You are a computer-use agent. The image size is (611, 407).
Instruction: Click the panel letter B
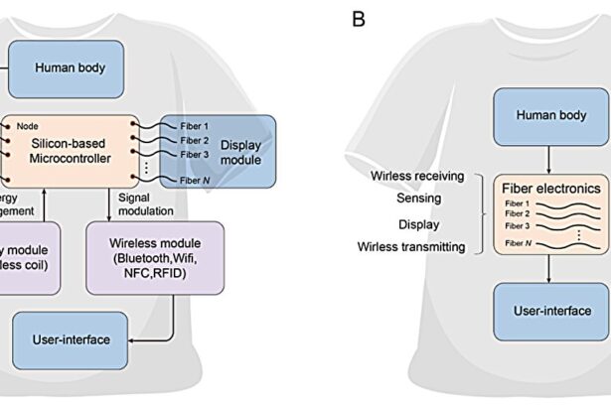tap(359, 20)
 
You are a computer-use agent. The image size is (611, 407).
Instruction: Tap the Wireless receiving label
tap(417, 177)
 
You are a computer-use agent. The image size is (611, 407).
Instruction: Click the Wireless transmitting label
tap(411, 246)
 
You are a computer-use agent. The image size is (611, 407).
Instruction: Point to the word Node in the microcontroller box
tap(29, 126)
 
